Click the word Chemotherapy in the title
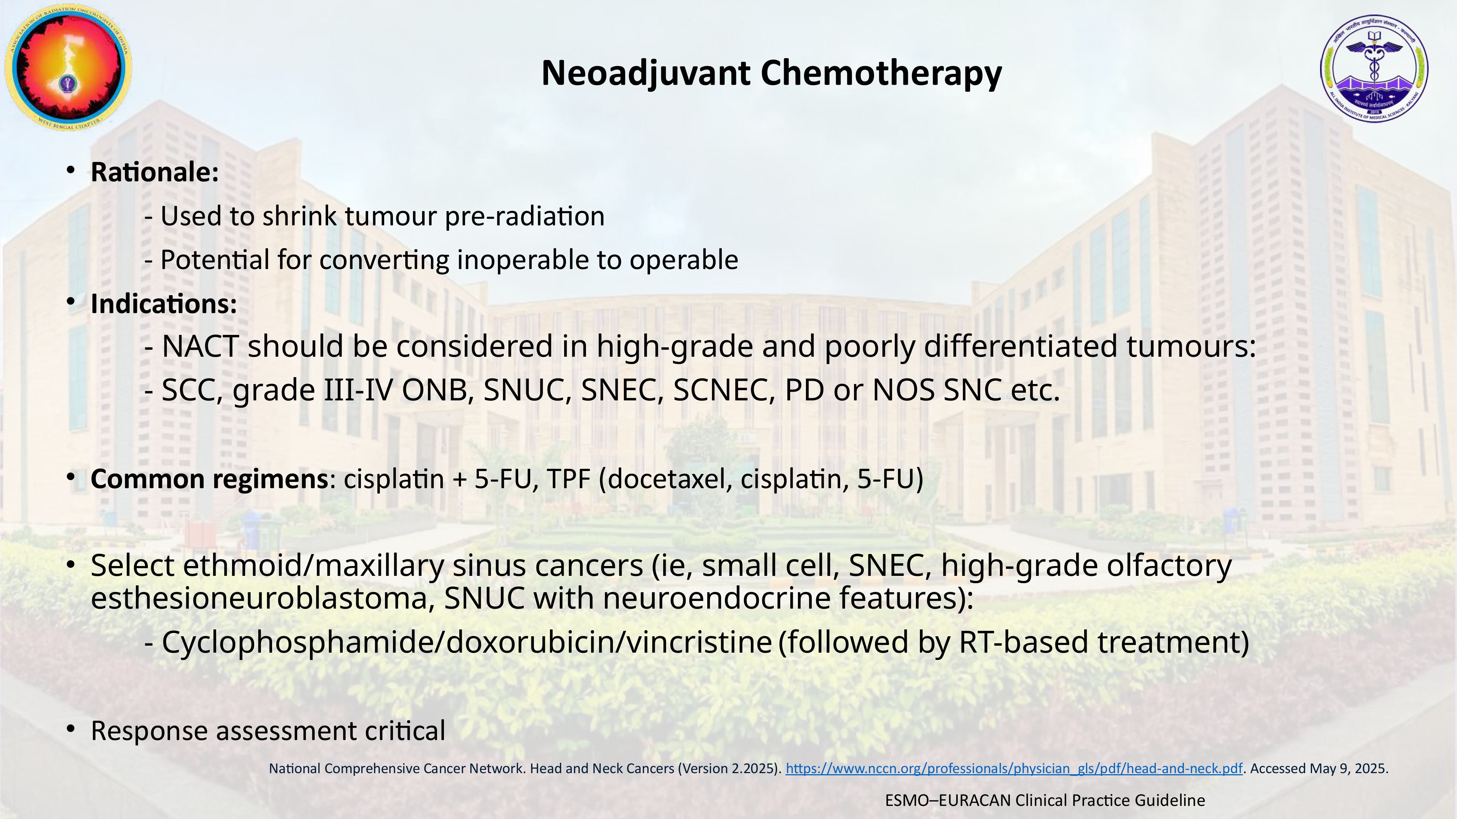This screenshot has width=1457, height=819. coord(881,74)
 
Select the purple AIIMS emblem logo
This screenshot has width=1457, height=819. coord(1374,68)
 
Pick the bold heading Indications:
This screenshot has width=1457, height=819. coord(164,304)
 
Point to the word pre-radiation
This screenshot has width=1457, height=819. coord(525,216)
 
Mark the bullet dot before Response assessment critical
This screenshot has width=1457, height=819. coord(71,729)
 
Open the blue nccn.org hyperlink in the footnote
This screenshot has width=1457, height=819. coord(1014,769)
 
